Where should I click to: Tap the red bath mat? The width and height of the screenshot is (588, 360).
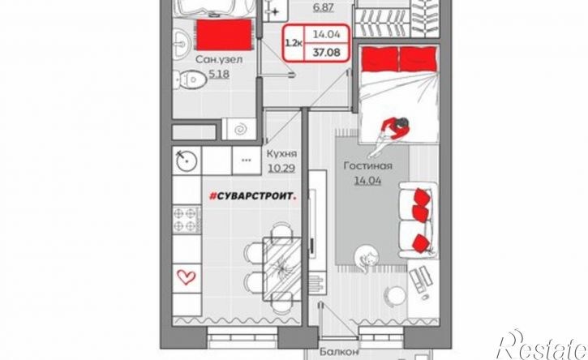click(x=224, y=35)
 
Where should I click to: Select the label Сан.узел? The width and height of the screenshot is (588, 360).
click(x=219, y=59)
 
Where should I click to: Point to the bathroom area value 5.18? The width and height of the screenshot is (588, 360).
click(x=219, y=75)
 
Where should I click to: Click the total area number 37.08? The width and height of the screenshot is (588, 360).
click(x=327, y=52)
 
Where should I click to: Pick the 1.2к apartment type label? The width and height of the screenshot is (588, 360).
click(x=294, y=43)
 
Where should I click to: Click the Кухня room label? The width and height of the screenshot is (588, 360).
click(x=281, y=153)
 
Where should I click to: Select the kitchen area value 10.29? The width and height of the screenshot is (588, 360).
click(x=281, y=169)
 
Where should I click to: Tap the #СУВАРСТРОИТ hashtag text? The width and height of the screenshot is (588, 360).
click(x=252, y=196)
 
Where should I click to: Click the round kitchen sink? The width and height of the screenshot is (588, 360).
click(x=187, y=161)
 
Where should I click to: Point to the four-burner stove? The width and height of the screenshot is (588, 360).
click(x=187, y=220)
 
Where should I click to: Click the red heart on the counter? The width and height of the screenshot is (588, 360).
click(x=187, y=277)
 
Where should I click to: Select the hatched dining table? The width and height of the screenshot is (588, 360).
click(x=282, y=268)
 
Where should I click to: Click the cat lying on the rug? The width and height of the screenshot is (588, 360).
click(x=366, y=259)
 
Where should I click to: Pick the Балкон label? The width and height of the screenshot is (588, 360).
click(x=339, y=352)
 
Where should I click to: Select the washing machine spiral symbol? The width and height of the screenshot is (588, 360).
click(x=239, y=130)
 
